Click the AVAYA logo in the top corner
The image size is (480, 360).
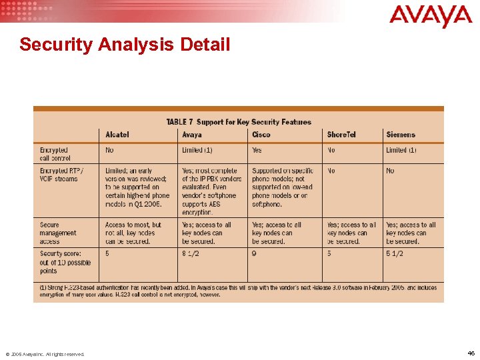[430, 16]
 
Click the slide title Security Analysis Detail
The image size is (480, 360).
[125, 45]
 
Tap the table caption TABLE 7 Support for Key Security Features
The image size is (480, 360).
[238, 122]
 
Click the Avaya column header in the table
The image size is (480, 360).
[192, 135]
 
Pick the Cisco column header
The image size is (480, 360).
[261, 135]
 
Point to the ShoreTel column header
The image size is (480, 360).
[341, 135]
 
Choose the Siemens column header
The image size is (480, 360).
[401, 135]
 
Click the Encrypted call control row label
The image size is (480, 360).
[55, 154]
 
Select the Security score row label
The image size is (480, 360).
[65, 262]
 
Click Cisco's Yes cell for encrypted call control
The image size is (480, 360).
[257, 150]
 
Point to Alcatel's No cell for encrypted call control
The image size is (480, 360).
[109, 150]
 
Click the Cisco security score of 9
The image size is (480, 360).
[254, 253]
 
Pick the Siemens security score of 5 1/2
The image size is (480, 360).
[395, 253]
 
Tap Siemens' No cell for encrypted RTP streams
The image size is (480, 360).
[390, 171]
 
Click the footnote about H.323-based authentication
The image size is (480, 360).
[238, 291]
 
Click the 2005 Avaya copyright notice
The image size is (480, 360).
[45, 354]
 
